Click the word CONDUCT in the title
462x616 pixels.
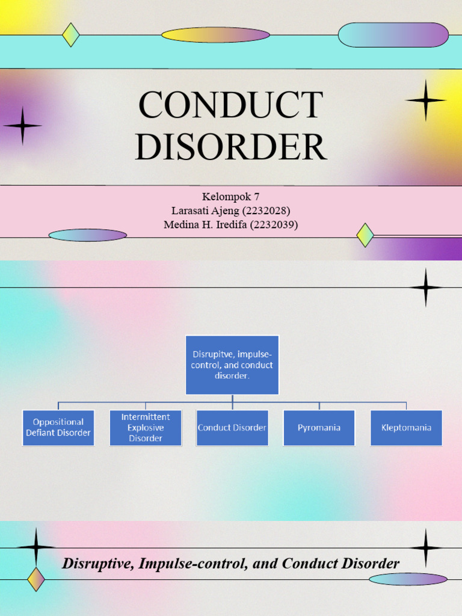point(230,105)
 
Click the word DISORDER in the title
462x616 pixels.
point(230,147)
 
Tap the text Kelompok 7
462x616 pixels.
point(231,197)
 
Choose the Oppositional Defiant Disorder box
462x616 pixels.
point(58,428)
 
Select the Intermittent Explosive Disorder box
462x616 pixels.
point(146,428)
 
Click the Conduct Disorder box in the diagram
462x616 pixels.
point(232,428)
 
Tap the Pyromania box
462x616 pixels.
point(319,428)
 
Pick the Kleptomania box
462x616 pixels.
point(406,428)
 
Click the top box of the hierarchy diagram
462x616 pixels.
point(232,365)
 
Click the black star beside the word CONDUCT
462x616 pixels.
point(425,100)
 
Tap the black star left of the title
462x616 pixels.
point(23,126)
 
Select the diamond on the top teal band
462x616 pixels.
point(71,35)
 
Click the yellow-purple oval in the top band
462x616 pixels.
point(215,35)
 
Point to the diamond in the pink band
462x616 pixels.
point(365,235)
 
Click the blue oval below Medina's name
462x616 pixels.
point(88,235)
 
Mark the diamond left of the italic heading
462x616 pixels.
point(36,579)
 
